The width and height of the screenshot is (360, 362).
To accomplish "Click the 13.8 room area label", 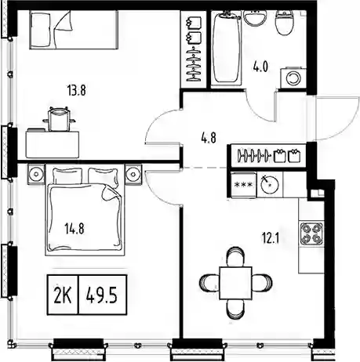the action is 77,91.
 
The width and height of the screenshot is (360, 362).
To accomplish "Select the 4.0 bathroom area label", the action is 260,67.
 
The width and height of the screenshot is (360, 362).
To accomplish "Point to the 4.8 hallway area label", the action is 209,138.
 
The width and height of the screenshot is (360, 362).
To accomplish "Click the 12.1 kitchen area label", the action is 271,238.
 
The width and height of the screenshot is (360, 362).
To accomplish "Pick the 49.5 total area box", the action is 103,295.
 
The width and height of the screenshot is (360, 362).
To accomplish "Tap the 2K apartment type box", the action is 63,295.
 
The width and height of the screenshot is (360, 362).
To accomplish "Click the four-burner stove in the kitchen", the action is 311,233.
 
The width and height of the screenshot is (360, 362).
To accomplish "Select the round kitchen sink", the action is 270,184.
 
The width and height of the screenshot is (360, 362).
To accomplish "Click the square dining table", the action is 235,283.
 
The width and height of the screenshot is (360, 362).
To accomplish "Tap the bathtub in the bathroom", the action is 226,48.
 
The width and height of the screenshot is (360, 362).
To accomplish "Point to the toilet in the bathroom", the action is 284,23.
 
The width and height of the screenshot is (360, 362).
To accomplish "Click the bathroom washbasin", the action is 255,18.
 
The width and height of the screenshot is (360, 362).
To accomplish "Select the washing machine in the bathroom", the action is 293,78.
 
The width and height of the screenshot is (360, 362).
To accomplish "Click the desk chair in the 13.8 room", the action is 60,119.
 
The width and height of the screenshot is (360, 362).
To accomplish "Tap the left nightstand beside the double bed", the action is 36,173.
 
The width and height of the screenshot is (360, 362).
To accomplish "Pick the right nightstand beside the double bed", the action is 133,173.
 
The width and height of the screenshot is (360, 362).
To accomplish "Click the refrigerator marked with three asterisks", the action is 244,185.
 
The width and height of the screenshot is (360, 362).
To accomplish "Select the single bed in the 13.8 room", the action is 74,30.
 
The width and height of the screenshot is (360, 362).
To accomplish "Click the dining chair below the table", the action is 235,309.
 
